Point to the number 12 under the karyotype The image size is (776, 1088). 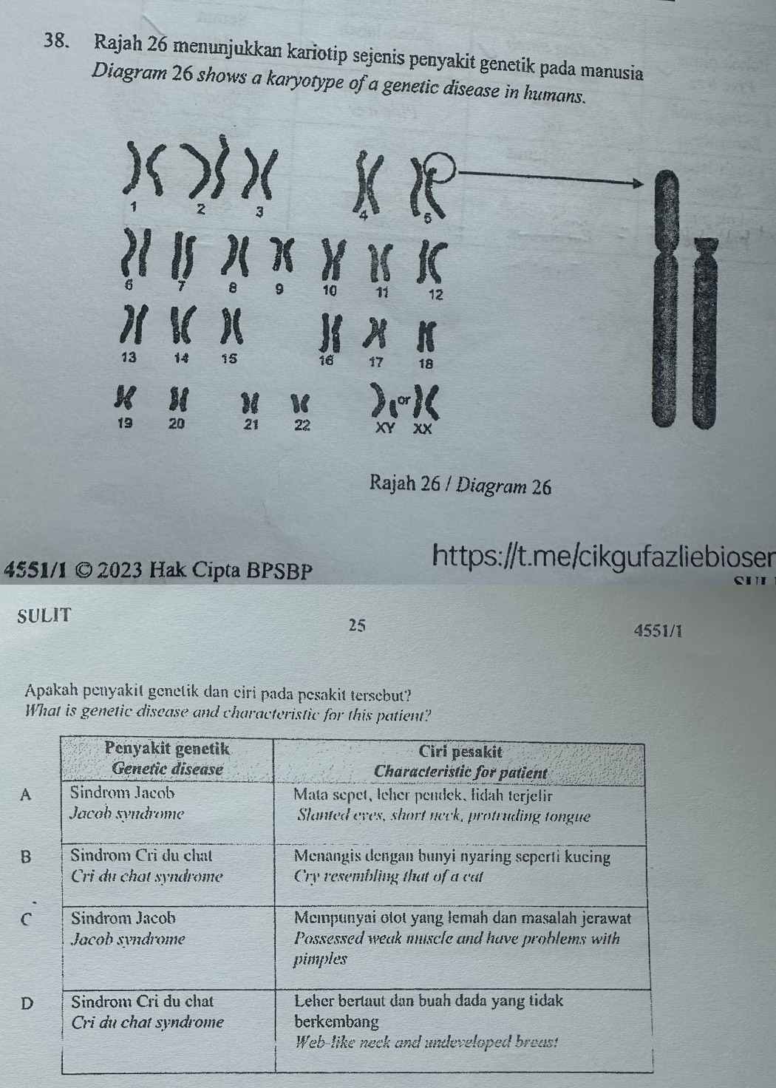coord(435,294)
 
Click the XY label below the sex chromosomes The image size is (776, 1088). coord(387,429)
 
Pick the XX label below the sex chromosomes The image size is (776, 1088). coord(423,429)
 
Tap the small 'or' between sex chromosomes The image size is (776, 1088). coord(403,400)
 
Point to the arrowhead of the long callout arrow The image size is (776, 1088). coord(638,183)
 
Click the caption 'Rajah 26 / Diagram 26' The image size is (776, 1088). coord(461,485)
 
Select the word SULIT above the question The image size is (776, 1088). coord(44,616)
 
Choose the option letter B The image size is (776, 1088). coord(26,857)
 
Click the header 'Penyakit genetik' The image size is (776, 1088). coord(167,749)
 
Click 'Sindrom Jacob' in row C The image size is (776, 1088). coord(123,918)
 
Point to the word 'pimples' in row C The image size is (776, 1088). coord(321,959)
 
